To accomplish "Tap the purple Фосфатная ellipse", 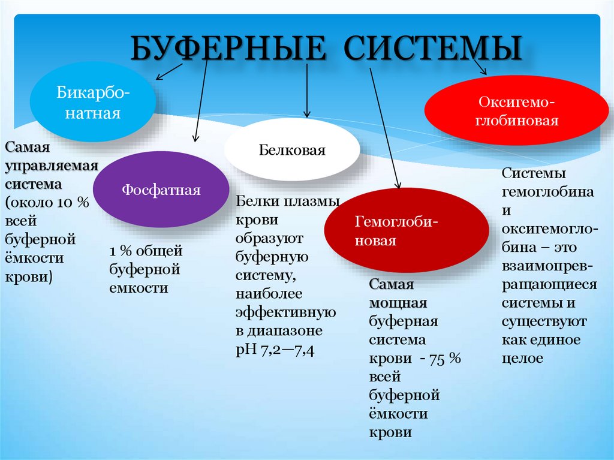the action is pyautogui.click(x=161, y=190).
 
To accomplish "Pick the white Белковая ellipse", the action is pyautogui.click(x=292, y=149).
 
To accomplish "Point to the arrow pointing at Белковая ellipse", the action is pyautogui.click(x=307, y=90).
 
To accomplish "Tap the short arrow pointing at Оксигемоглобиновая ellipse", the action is pyautogui.click(x=480, y=66).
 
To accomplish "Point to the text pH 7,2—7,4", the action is pyautogui.click(x=275, y=349).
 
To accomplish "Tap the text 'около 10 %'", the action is pyautogui.click(x=48, y=203).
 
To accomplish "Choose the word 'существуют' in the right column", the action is pyautogui.click(x=544, y=321).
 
